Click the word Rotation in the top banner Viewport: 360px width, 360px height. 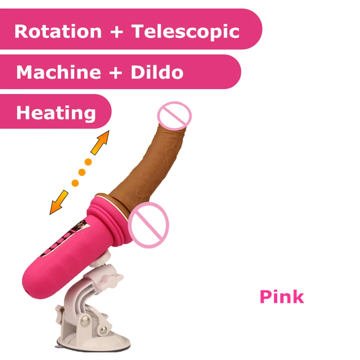(x=58, y=31)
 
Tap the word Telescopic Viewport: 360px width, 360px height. (x=185, y=31)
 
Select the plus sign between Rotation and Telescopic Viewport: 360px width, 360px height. (x=116, y=32)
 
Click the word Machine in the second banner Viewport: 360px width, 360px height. (x=59, y=72)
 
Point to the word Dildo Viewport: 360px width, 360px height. (x=157, y=72)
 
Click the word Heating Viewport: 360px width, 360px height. (x=56, y=113)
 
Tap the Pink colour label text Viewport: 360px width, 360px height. (x=282, y=297)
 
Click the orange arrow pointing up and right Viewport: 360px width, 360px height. (x=100, y=142)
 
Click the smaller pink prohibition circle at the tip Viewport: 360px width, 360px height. (x=174, y=116)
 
